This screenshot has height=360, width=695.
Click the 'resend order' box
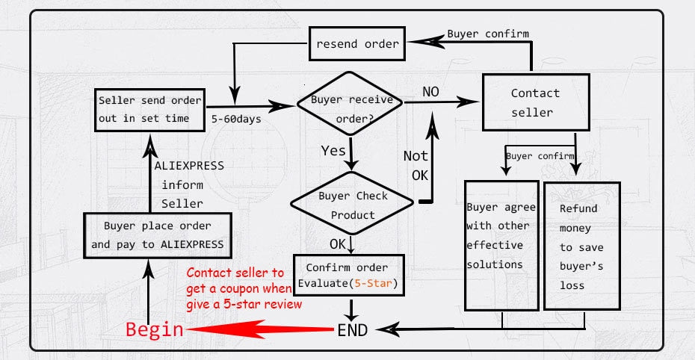click(x=357, y=43)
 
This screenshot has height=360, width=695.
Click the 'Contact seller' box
click(x=534, y=103)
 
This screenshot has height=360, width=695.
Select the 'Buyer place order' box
click(x=157, y=235)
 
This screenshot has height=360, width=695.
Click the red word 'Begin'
click(x=154, y=329)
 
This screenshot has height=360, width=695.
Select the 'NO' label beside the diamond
click(x=430, y=92)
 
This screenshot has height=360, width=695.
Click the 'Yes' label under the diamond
click(x=333, y=151)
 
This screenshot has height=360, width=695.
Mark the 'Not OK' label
click(x=416, y=165)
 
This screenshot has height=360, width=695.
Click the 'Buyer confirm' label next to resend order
click(x=488, y=34)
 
